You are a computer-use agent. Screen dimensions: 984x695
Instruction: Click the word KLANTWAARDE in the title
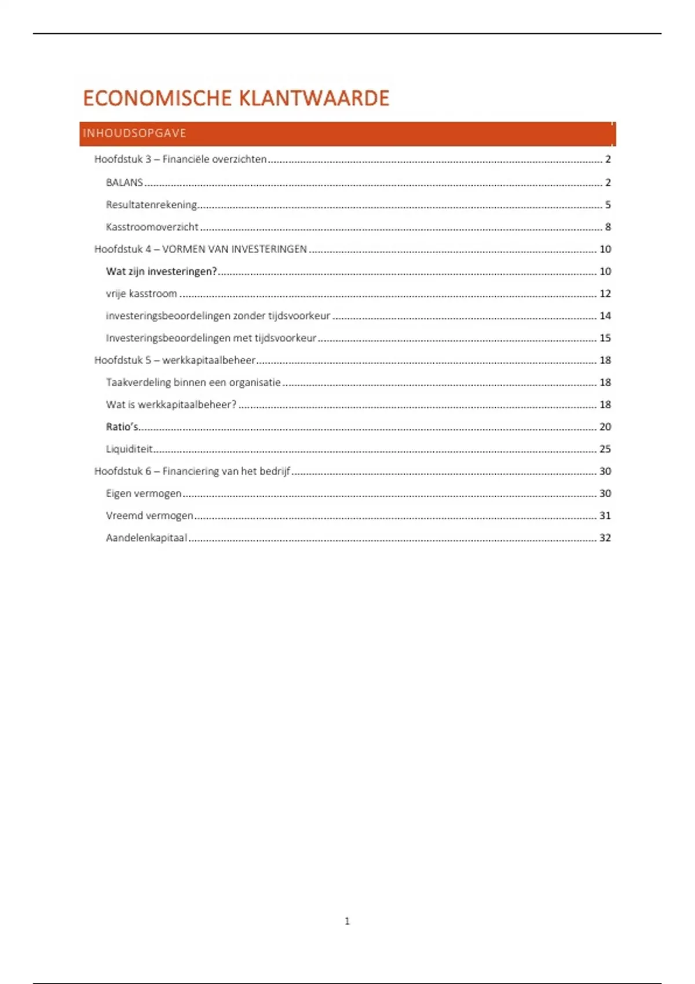coord(314,98)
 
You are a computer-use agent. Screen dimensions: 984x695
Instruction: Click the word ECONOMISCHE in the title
coord(157,98)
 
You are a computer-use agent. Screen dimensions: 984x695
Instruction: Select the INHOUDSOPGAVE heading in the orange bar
coord(134,133)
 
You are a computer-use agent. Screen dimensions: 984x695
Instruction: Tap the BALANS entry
coord(125,182)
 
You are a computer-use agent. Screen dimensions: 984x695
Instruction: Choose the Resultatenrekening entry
coord(151,204)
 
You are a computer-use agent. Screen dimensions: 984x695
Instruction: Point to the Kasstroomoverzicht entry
coord(152,227)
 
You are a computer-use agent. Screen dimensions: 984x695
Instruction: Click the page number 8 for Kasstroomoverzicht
coord(608,227)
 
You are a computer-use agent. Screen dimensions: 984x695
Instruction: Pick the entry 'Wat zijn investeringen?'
coord(161,271)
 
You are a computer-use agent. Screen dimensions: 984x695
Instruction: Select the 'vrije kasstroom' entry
coord(141,293)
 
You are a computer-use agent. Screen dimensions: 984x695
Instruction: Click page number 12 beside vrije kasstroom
coord(605,293)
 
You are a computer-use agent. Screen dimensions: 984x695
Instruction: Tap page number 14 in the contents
coord(605,315)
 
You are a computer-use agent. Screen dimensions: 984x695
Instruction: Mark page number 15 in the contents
coord(605,337)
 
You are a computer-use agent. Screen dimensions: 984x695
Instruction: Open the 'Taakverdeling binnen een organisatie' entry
coord(193,382)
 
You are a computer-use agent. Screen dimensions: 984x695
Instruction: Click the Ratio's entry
coord(122,427)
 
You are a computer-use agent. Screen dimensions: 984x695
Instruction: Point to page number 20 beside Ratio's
coord(605,427)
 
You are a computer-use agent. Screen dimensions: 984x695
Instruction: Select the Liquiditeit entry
coord(129,449)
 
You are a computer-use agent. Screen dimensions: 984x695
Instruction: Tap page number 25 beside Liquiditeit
coord(605,449)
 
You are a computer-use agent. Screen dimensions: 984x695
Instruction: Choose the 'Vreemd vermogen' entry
coord(149,515)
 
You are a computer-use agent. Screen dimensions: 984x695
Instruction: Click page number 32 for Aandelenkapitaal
coord(605,538)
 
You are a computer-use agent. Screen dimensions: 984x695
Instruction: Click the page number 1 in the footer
coord(347,921)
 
